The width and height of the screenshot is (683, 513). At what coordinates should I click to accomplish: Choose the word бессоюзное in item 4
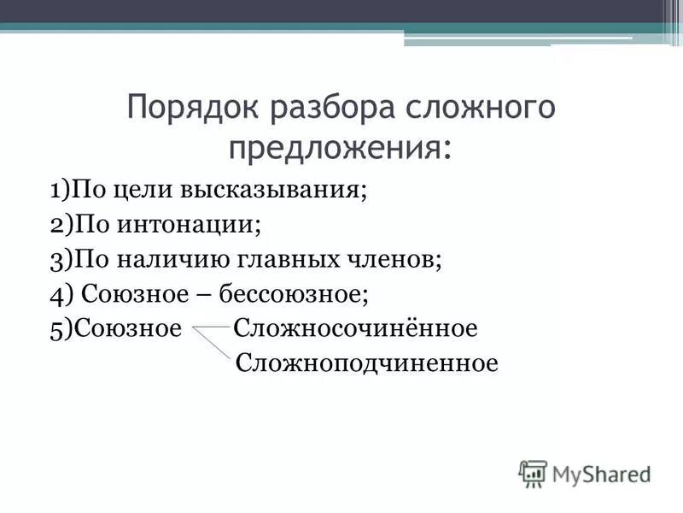coord(293,295)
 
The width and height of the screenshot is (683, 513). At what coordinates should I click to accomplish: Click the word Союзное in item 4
coord(126,295)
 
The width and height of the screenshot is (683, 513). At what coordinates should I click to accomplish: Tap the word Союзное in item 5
coord(128,329)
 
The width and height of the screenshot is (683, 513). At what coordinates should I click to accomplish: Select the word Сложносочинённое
coord(355,329)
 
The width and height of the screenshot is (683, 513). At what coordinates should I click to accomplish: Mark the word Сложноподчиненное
coord(366,364)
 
